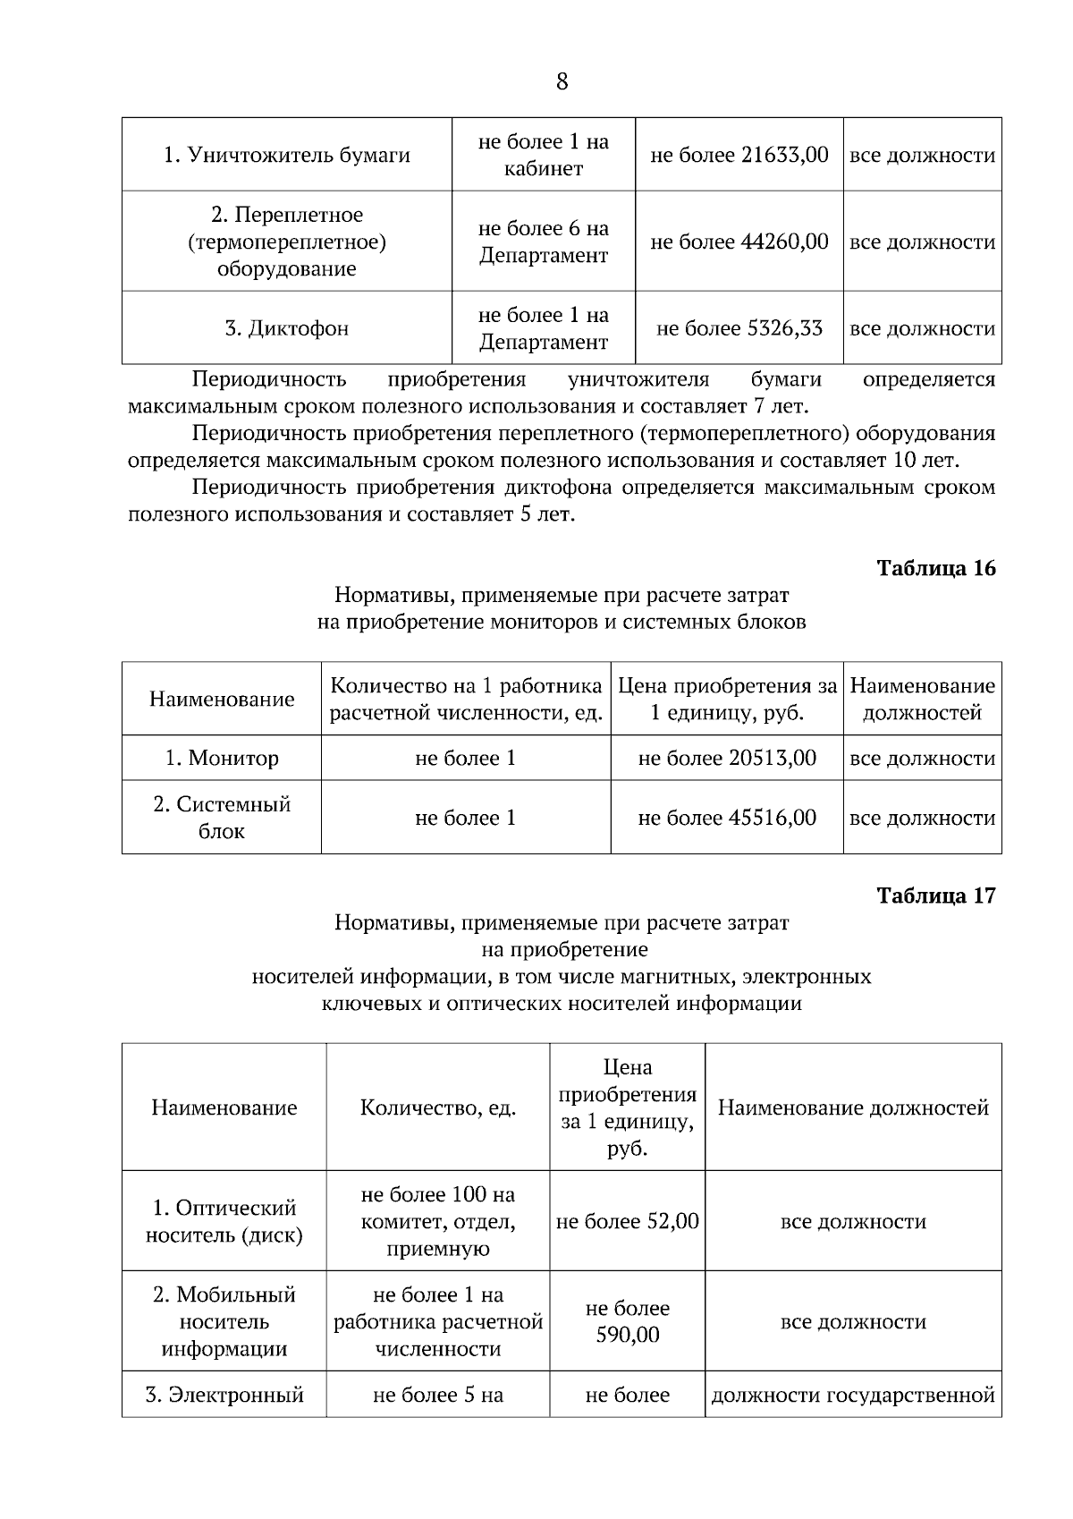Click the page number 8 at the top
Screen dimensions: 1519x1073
(562, 82)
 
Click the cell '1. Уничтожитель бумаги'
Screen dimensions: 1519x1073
(286, 156)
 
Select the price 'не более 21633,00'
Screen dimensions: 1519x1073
(739, 156)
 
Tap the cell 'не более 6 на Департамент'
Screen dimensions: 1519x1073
(544, 242)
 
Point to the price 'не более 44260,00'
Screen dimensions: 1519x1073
(739, 242)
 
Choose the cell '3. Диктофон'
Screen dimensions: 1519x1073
(286, 328)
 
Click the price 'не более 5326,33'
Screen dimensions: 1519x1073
(739, 328)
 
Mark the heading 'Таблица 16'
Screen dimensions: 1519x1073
(936, 569)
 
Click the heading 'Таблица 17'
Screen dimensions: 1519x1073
(936, 896)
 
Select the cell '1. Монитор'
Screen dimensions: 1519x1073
(222, 759)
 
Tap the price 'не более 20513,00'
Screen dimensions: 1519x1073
(727, 759)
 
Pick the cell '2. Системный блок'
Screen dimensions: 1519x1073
(222, 818)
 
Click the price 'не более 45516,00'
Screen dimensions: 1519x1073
(727, 818)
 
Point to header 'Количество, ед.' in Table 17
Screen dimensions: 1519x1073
(438, 1108)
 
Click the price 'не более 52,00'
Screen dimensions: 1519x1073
(628, 1222)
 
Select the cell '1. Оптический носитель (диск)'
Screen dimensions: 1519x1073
(224, 1222)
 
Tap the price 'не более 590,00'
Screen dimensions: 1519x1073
(628, 1322)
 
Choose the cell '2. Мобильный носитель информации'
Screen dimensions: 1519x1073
(224, 1322)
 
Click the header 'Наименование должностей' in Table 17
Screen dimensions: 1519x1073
(853, 1108)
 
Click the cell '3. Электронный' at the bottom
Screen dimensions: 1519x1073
(224, 1396)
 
